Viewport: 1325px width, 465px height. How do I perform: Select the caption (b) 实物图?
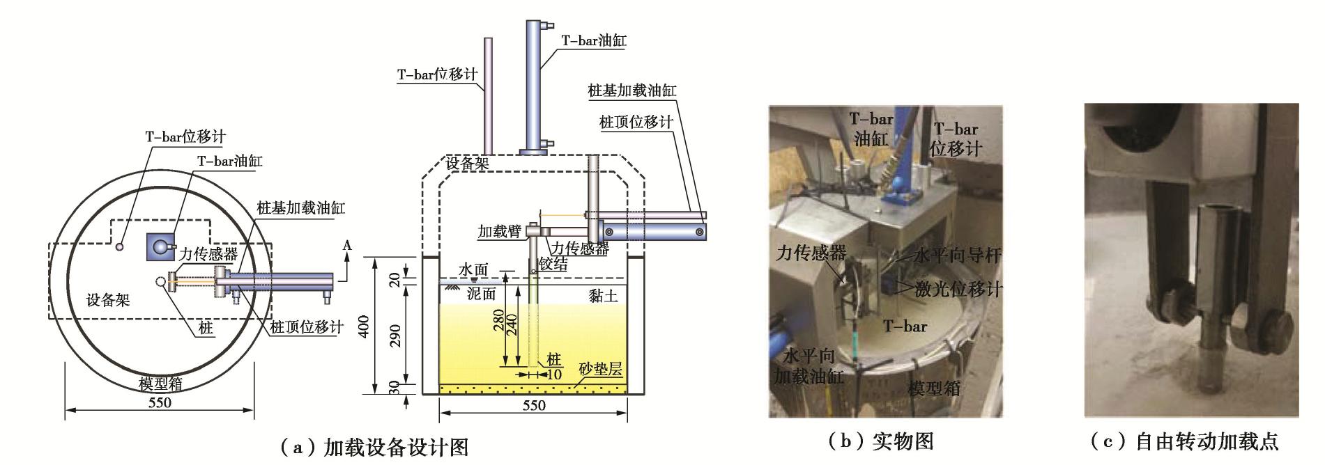[x=880, y=441]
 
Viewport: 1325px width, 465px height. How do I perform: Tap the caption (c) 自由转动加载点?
[x=1184, y=441]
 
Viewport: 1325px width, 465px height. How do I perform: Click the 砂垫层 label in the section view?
[x=600, y=370]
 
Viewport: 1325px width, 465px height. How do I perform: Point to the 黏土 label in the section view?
[x=603, y=296]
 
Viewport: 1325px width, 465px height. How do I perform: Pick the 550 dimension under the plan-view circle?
[x=160, y=402]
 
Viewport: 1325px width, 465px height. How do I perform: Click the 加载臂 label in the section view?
[x=500, y=231]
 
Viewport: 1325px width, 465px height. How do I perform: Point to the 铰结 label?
[x=553, y=264]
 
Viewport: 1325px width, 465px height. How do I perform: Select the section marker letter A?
[x=348, y=246]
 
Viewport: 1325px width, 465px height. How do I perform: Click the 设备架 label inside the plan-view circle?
[x=108, y=301]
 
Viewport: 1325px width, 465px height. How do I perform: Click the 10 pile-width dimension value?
[x=555, y=375]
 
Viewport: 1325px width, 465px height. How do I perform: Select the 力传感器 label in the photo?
[x=811, y=254]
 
